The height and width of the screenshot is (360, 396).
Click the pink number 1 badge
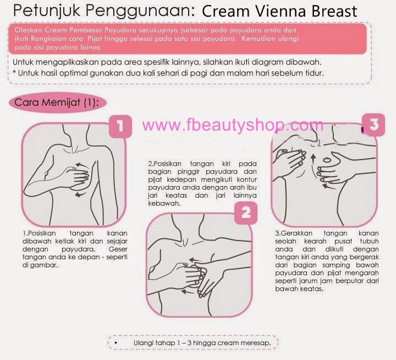(x=120, y=126)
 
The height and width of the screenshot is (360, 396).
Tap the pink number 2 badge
(x=246, y=213)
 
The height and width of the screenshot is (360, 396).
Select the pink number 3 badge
(x=374, y=124)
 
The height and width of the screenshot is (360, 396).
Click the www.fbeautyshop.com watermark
(x=233, y=125)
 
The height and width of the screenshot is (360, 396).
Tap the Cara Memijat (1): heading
(x=57, y=102)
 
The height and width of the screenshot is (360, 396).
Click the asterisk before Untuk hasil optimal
(x=14, y=73)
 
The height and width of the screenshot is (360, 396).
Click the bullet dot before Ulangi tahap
(x=116, y=343)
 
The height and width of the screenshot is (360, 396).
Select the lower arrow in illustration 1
(x=80, y=194)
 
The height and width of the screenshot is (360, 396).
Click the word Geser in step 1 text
(x=118, y=249)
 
